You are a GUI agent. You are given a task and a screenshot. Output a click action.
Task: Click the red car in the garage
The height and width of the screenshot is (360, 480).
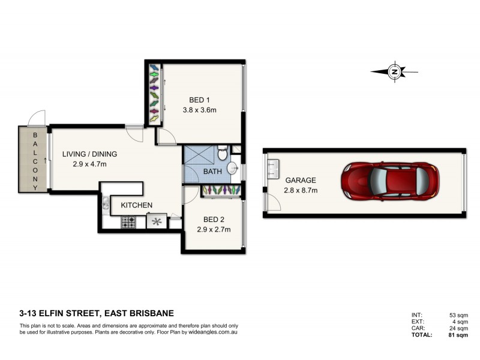[389, 180]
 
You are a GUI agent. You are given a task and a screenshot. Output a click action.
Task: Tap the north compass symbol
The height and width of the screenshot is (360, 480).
[394, 72]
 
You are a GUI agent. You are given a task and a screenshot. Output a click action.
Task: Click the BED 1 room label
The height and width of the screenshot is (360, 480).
[199, 100]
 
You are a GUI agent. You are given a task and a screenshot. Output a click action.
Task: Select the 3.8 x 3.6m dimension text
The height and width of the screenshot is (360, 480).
[199, 110]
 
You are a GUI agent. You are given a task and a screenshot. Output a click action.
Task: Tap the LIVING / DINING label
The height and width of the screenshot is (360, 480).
[89, 154]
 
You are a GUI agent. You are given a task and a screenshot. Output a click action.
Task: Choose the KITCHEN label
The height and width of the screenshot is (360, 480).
[137, 205]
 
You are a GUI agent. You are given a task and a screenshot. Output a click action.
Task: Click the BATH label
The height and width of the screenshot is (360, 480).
[212, 172]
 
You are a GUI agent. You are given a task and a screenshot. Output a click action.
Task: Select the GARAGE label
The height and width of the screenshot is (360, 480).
[301, 180]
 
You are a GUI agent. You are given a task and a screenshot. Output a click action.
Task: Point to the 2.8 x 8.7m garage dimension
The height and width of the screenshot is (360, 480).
[301, 190]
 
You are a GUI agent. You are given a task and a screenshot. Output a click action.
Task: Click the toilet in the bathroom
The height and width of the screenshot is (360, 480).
[222, 154]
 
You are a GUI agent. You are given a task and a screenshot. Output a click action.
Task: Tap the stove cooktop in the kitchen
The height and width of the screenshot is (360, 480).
[129, 221]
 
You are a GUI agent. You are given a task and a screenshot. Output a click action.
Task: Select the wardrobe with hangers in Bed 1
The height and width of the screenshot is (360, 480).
[154, 93]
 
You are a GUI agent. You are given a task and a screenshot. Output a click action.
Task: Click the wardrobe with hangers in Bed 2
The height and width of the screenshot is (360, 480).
[222, 190]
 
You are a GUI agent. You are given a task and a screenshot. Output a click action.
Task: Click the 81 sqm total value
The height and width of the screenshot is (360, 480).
[458, 335]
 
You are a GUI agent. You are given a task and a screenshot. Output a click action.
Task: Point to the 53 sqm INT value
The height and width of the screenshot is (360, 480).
[458, 314]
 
